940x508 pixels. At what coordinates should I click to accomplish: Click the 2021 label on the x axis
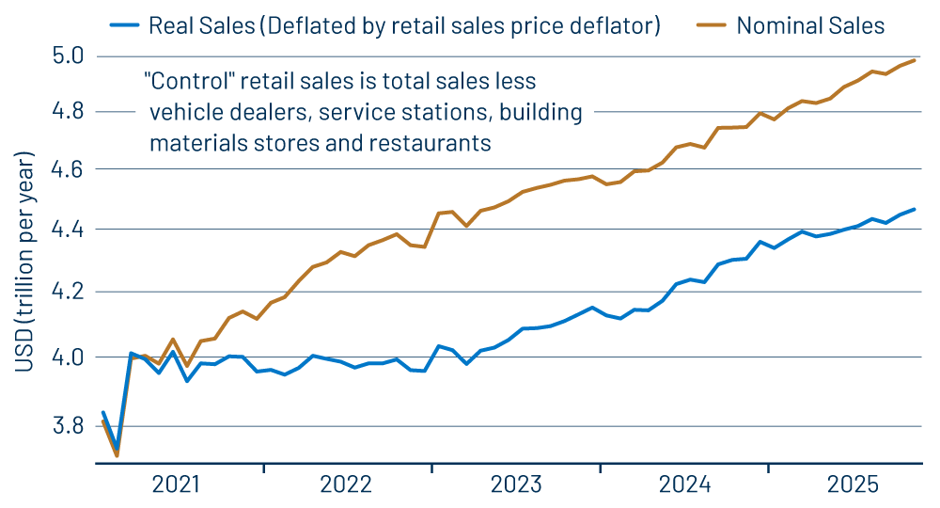click(178, 485)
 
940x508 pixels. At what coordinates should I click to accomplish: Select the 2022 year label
click(346, 485)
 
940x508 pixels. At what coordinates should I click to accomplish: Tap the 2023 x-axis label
click(515, 485)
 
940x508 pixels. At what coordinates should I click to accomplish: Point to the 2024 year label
click(684, 485)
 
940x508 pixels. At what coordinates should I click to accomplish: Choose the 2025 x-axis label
click(853, 485)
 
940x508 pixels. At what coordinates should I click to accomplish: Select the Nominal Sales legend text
click(810, 25)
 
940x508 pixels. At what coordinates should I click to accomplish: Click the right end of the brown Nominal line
click(916, 60)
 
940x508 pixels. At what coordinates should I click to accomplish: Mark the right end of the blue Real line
click(916, 209)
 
